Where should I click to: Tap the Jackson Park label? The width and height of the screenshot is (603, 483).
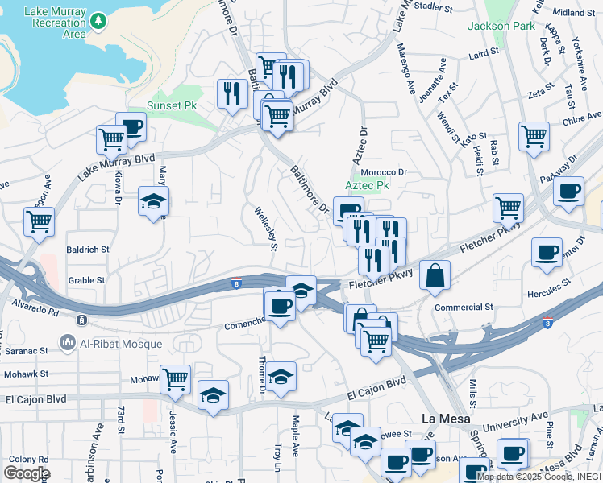[x=501, y=26]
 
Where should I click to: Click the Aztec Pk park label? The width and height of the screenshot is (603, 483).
[x=368, y=185]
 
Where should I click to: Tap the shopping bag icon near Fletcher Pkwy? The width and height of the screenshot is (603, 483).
[x=435, y=275]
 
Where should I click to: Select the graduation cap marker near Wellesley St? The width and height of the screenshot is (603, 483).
[x=301, y=290]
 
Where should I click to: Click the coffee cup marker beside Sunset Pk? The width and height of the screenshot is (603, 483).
[x=131, y=126]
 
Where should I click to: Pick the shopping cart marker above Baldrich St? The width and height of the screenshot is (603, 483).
[x=39, y=221]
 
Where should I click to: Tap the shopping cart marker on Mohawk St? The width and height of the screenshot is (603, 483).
[x=175, y=378]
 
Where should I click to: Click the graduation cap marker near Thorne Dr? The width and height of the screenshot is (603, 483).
[x=281, y=376]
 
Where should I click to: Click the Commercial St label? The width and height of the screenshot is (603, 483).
[x=464, y=308]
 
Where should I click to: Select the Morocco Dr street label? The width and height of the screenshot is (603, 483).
[x=384, y=172]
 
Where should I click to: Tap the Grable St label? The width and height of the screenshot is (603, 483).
[x=87, y=281]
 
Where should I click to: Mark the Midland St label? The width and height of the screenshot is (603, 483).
[x=573, y=13]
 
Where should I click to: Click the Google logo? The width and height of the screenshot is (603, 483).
[x=27, y=473]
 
